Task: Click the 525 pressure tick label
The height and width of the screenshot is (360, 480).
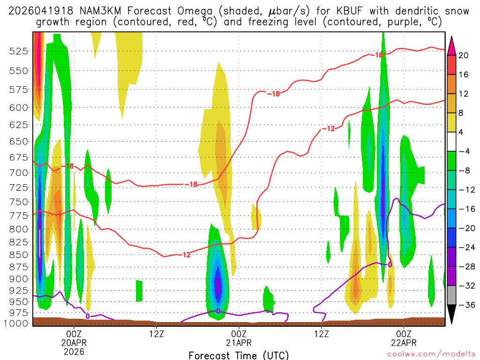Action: [19, 52]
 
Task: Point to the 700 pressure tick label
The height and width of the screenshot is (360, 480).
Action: [19, 172]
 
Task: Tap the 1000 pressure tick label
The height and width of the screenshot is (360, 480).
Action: [17, 323]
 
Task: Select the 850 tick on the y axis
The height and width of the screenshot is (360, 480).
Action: [19, 255]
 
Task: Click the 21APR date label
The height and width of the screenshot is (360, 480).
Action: [239, 342]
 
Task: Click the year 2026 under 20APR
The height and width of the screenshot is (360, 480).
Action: [74, 351]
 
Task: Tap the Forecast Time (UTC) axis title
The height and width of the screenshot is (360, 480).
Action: [239, 355]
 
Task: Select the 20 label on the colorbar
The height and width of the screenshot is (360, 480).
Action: [464, 55]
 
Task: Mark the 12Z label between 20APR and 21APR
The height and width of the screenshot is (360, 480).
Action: [157, 333]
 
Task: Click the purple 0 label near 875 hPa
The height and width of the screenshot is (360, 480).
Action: [390, 265]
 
